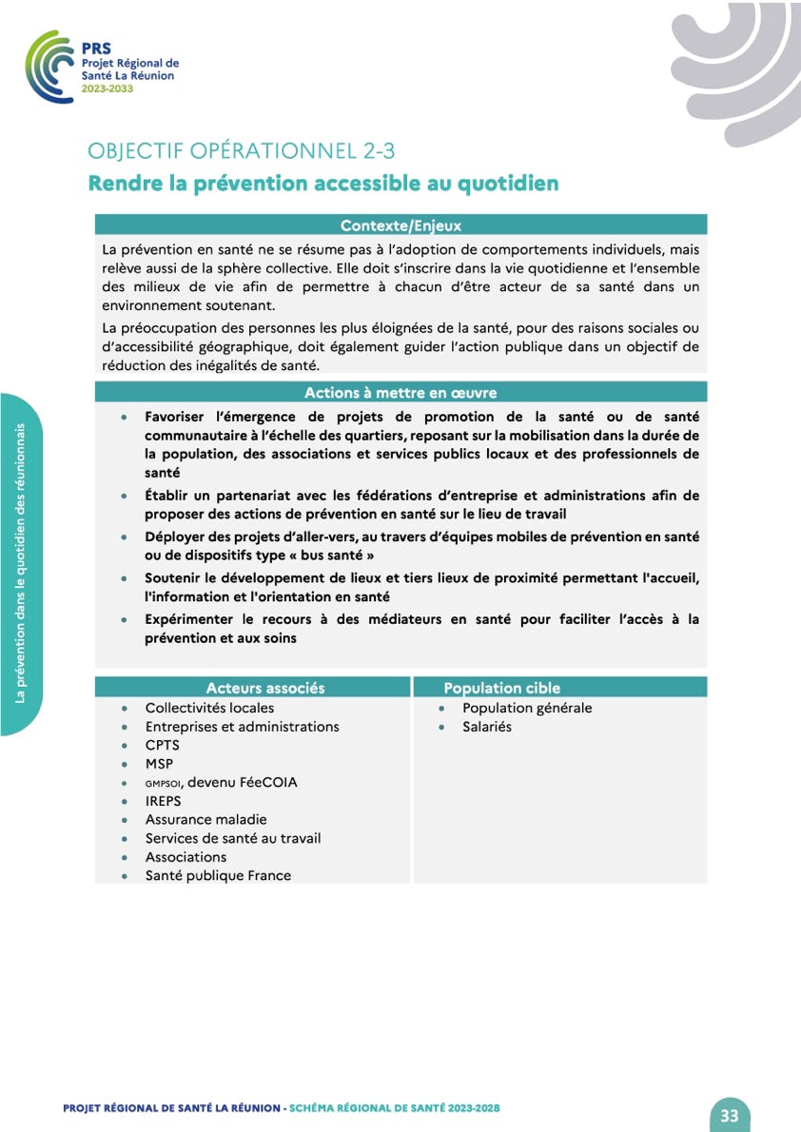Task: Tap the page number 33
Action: point(730,1116)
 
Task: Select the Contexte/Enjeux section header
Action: point(400,225)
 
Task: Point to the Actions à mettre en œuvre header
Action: point(400,392)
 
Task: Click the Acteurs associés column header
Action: point(265,688)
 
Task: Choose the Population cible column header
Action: point(502,688)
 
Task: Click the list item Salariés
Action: point(486,727)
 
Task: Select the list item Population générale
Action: point(527,708)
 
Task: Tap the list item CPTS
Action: point(162,745)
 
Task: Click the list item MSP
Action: point(159,764)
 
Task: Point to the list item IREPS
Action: point(163,801)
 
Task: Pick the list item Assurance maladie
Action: point(205,819)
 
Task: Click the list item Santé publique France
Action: point(218,875)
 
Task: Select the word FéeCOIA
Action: point(268,782)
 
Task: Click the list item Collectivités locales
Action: point(209,708)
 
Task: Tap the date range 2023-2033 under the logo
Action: point(107,88)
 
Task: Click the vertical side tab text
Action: point(20,564)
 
